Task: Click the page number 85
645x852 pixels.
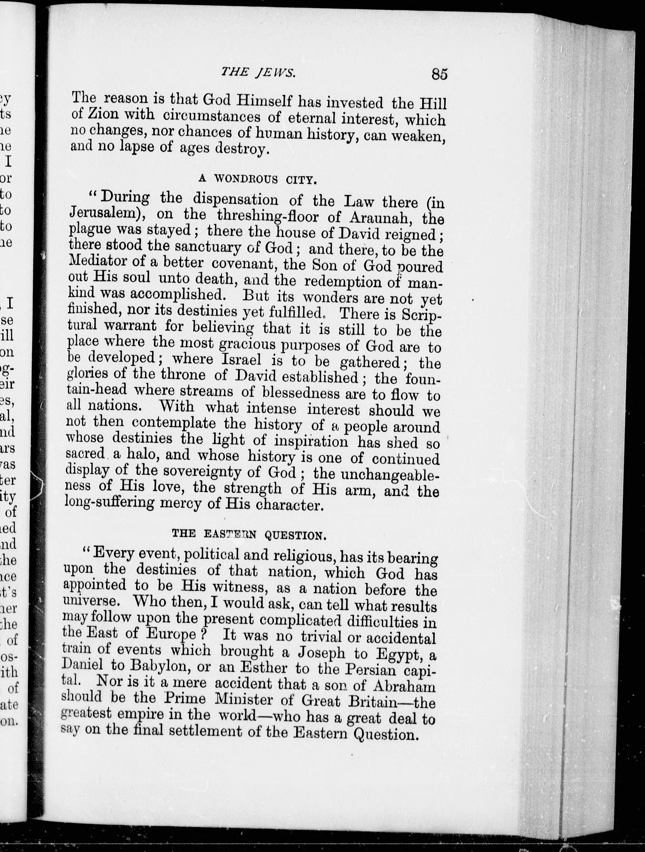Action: pos(439,74)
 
